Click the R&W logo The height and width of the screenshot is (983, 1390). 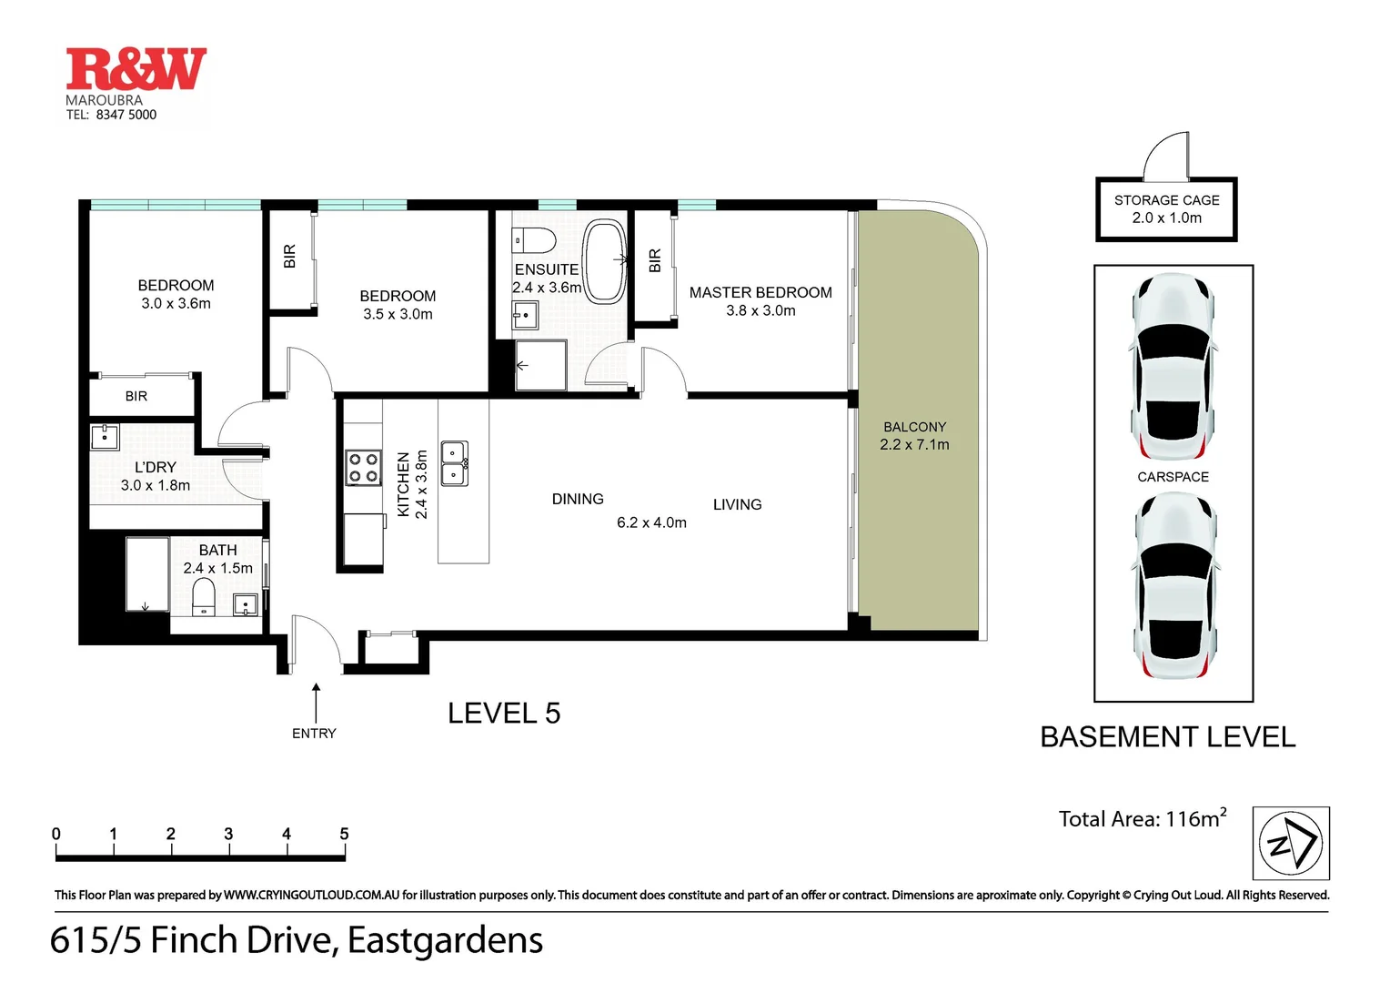[136, 69]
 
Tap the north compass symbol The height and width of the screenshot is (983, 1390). [1291, 843]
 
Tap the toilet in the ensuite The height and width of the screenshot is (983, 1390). [534, 240]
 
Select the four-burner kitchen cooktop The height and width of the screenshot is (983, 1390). [364, 469]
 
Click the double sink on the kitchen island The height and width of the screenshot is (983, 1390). [455, 463]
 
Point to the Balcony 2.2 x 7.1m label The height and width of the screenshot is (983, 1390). [914, 436]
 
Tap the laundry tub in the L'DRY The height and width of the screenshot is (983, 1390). [105, 437]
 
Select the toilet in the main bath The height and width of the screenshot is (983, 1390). [204, 597]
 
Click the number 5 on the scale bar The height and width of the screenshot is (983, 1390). [344, 834]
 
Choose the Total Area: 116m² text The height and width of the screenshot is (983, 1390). [1143, 818]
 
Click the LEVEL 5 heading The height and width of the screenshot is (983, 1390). [504, 714]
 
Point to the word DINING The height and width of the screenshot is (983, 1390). [578, 499]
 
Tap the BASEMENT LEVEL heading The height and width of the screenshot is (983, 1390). [1167, 737]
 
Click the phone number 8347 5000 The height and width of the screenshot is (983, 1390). [126, 115]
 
